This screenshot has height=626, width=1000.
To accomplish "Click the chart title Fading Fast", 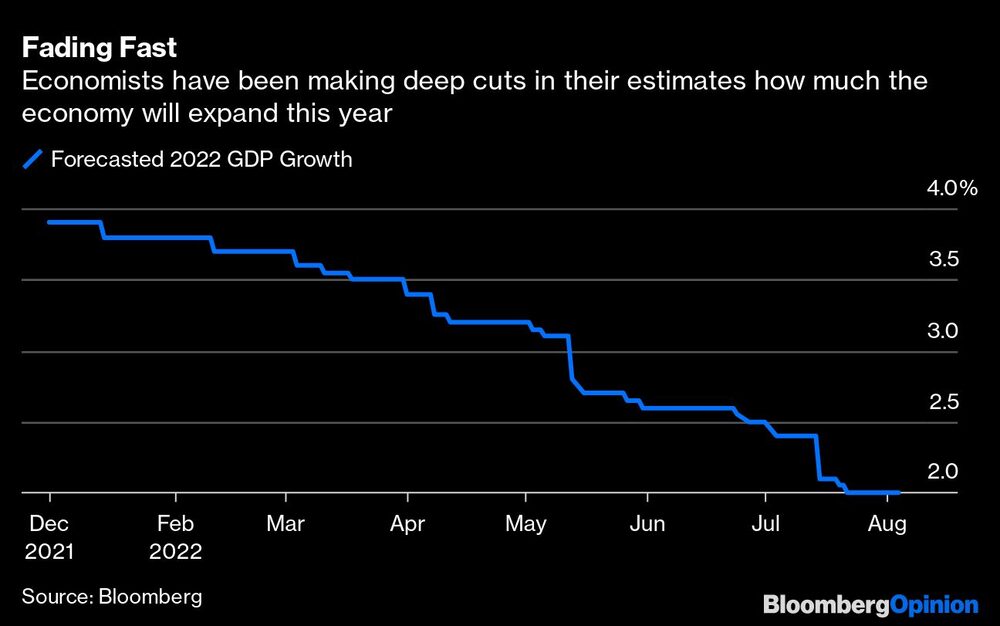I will tap(100, 47).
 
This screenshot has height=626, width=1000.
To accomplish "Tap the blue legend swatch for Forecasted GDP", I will tap(33, 158).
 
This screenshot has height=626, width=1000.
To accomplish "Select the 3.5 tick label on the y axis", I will tap(945, 259).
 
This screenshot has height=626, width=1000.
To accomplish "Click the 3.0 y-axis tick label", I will tap(945, 330).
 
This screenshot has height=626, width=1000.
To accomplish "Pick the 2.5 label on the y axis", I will tap(945, 401).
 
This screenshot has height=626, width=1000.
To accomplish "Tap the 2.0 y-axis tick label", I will tap(945, 471).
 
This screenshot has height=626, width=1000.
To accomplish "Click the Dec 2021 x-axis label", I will tap(49, 537).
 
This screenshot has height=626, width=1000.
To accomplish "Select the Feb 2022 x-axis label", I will tap(176, 537).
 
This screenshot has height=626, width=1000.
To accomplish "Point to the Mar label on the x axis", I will tap(286, 523).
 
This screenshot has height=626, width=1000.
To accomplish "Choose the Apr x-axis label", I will tap(407, 523).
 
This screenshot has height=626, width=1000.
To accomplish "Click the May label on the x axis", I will tap(526, 523).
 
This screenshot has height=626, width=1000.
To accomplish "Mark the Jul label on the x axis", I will tap(765, 523).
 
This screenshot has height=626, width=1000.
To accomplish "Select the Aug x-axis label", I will tap(886, 523).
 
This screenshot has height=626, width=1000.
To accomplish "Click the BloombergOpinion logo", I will tap(870, 604).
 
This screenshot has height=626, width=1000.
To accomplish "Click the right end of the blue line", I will tap(898, 492).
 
